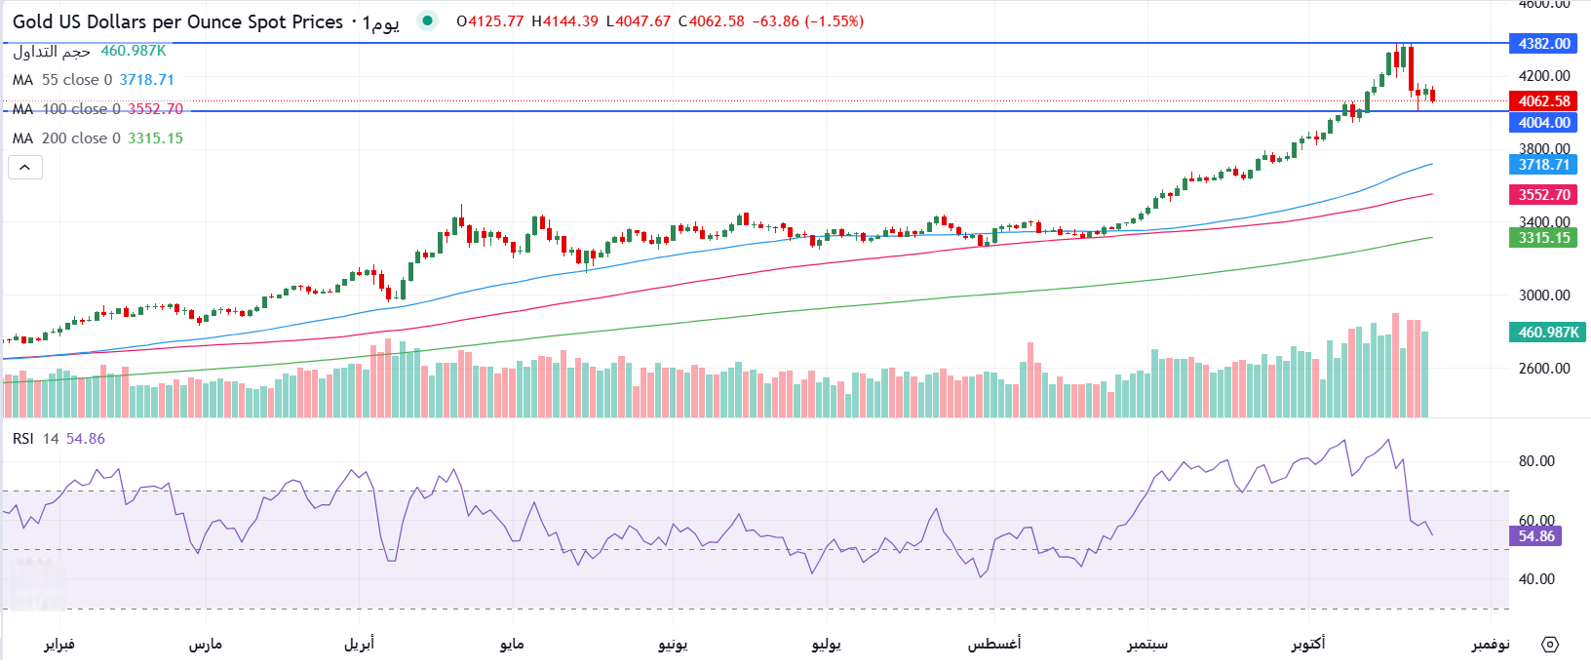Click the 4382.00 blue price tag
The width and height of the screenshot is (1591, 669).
coord(1544,44)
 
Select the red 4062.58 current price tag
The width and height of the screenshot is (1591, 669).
coord(1544,101)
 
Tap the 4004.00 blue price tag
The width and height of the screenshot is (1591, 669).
coord(1544,123)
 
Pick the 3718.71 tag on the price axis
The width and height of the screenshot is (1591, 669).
coord(1544,165)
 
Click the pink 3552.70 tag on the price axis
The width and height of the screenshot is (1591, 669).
coord(1544,195)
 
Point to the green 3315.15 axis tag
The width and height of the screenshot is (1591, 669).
coord(1544,238)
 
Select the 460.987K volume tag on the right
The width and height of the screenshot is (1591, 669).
coord(1548,333)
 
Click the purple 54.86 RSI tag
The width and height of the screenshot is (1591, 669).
coord(1535,536)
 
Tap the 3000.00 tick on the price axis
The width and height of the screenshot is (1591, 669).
coord(1544,295)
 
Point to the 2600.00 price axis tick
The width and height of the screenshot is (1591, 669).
coord(1544,369)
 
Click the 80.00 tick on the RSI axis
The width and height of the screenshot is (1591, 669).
coord(1536,461)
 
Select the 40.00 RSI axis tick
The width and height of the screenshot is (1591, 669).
coord(1536,579)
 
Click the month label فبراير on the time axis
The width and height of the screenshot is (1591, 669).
coord(59,644)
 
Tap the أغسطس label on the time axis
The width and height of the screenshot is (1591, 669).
coord(994,644)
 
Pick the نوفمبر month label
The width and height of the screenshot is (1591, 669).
coord(1491,644)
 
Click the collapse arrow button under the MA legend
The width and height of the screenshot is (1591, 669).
coord(25,168)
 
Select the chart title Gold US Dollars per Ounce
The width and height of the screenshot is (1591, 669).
coord(177,21)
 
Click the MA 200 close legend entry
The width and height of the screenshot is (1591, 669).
coord(97,138)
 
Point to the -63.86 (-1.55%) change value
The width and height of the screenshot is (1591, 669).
coord(807,21)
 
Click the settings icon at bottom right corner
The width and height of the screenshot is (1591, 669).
coord(1550,644)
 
